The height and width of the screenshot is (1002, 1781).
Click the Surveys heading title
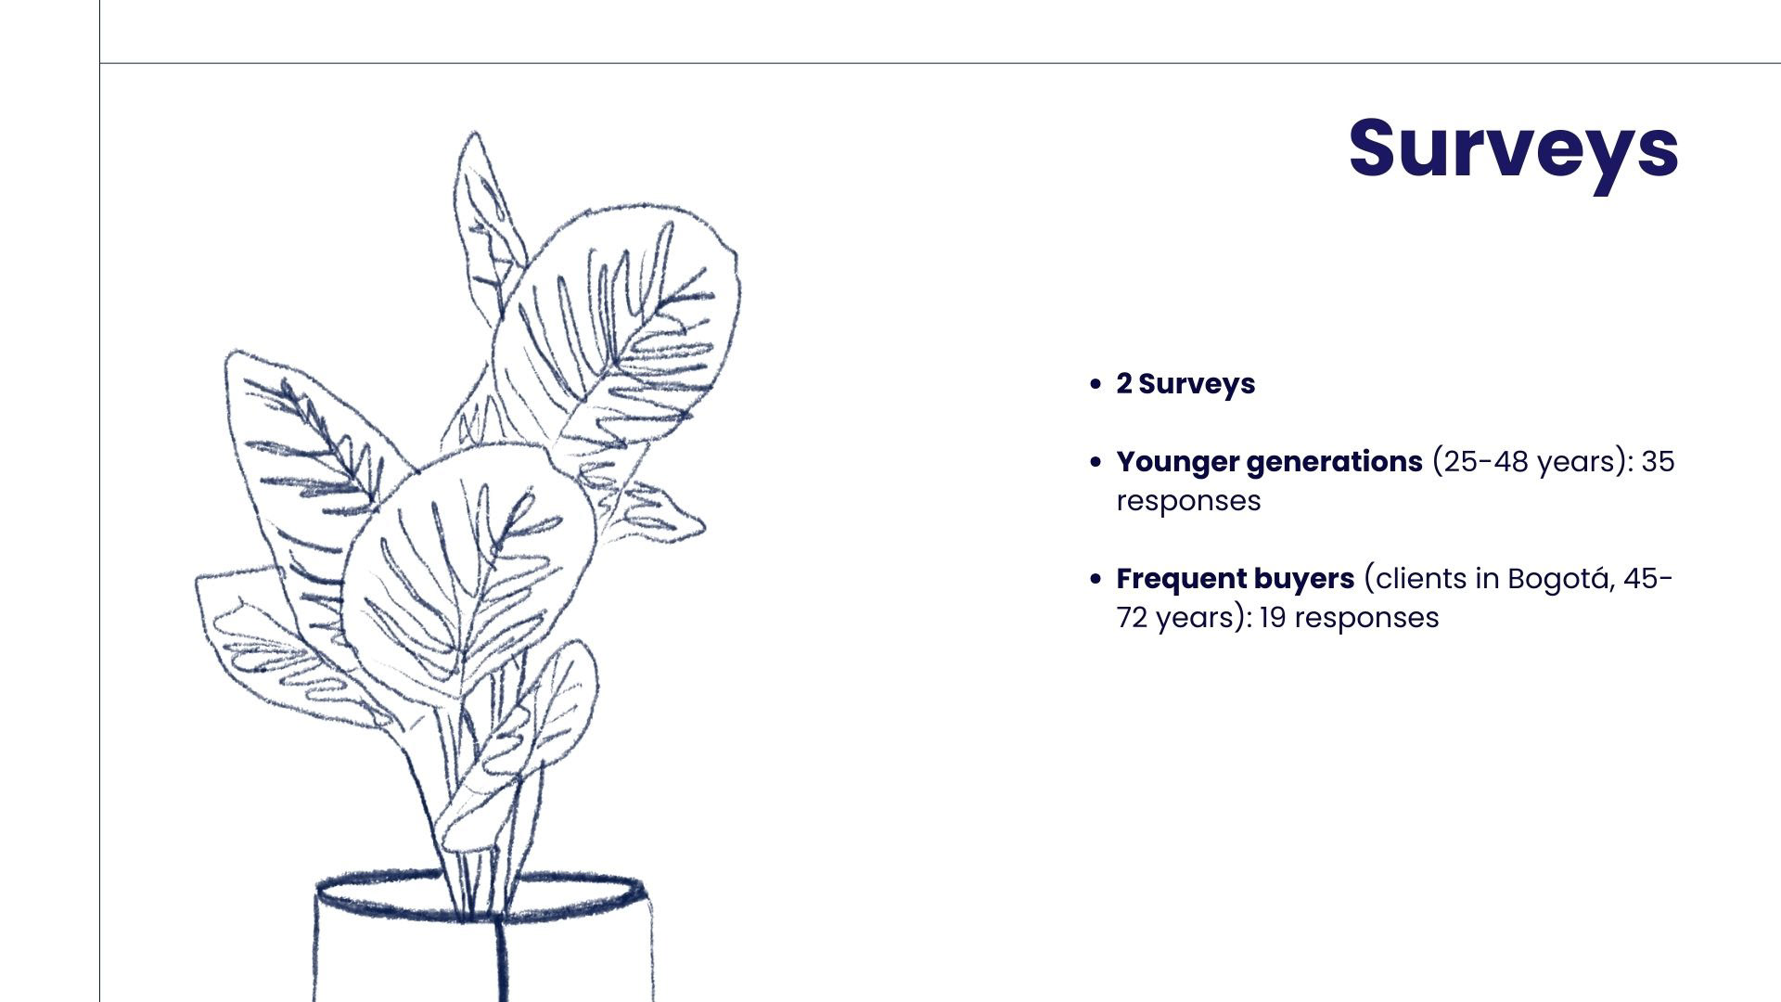click(1513, 148)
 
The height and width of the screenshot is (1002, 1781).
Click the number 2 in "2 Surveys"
click(1124, 384)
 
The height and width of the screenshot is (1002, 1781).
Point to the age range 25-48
click(1482, 462)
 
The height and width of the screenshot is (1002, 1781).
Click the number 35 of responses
click(1658, 462)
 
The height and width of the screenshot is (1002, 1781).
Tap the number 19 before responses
click(1272, 618)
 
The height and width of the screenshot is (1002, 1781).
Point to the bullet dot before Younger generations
click(1096, 462)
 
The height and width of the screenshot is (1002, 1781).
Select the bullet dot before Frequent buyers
click(1096, 580)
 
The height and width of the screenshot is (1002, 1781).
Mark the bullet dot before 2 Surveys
click(1096, 384)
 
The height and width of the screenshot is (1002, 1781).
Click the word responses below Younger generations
click(1188, 502)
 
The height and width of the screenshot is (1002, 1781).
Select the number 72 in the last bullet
click(1133, 618)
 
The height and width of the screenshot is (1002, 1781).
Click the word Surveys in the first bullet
click(1197, 385)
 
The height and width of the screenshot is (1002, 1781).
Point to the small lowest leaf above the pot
click(519, 742)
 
